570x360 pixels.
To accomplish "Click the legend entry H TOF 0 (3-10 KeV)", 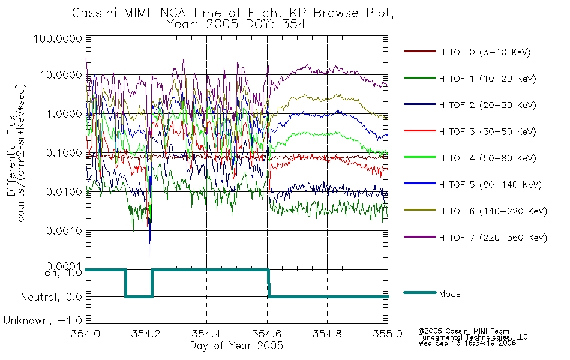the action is pos(485,52).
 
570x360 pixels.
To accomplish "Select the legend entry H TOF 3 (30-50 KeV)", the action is pos(487,131).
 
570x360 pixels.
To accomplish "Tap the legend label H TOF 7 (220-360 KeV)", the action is pos(493,238).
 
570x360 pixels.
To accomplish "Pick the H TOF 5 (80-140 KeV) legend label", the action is pos(490,185).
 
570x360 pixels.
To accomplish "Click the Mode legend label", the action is pos(449,294).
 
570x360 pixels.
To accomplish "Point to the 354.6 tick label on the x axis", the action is pos(267,334).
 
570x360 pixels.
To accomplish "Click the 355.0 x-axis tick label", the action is pos(388,334).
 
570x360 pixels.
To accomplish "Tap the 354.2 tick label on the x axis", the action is pos(146,334).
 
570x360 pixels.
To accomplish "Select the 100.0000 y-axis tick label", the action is pos(58,38).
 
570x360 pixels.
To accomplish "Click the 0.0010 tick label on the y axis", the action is pos(64,231).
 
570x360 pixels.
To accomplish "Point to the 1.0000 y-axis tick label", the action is pos(64,114).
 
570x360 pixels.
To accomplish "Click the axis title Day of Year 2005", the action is pos(236,346).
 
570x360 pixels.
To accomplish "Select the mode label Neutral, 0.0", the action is pos(51,298).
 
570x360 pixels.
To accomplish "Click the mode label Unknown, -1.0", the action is pos(43,321).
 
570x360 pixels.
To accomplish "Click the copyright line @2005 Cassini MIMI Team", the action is pos(463,331).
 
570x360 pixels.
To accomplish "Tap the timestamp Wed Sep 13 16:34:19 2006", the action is pos(467,343).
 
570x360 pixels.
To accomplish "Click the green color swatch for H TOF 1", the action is pos(420,78).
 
